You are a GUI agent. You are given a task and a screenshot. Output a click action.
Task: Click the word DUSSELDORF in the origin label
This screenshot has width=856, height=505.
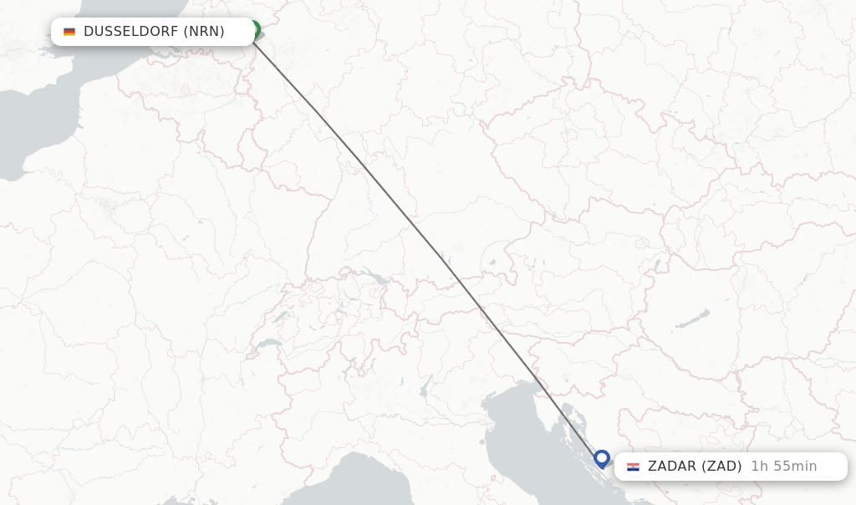click(x=130, y=32)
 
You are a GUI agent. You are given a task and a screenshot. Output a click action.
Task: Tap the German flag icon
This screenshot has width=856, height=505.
click(x=69, y=32)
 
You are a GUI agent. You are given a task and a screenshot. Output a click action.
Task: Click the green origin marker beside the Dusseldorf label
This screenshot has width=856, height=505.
click(x=254, y=29)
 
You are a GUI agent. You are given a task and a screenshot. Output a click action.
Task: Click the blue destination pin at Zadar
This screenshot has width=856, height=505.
click(x=602, y=458)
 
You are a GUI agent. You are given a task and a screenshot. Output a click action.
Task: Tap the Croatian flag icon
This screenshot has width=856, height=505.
click(x=633, y=467)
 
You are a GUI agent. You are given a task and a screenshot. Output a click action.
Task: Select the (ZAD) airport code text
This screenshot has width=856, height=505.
click(x=721, y=467)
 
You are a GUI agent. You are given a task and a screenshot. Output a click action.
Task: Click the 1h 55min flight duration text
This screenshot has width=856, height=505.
click(x=783, y=467)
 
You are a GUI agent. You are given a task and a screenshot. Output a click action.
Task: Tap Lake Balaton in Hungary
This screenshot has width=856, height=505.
click(x=693, y=319)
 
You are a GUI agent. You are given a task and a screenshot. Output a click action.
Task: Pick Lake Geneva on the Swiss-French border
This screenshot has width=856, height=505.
click(x=268, y=344)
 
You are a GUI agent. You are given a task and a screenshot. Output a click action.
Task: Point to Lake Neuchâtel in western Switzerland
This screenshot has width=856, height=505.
click(x=281, y=319)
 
